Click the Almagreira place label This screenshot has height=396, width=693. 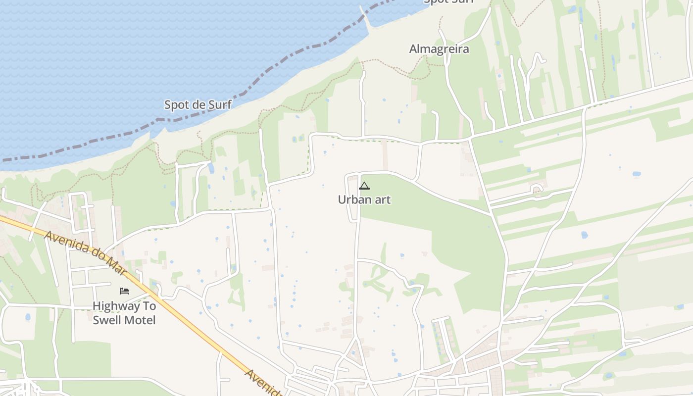[439, 49]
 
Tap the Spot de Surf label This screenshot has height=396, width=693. [198, 104]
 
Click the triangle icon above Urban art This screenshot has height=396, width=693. [364, 186]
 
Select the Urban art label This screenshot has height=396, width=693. [364, 199]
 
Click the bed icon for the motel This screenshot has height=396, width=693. [124, 291]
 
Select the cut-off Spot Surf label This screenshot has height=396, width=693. [448, 1]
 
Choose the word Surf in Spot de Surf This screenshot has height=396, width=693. [220, 104]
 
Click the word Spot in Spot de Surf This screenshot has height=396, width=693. [176, 104]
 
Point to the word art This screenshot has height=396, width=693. [382, 199]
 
